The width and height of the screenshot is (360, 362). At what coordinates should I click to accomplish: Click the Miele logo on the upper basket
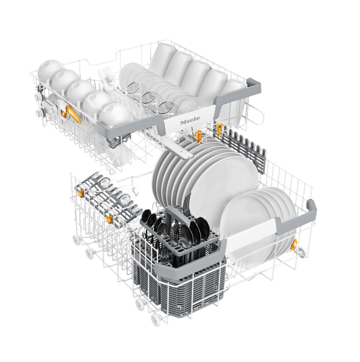pyautogui.click(x=190, y=120)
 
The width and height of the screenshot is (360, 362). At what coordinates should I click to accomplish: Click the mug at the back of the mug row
pyautogui.click(x=163, y=57)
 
